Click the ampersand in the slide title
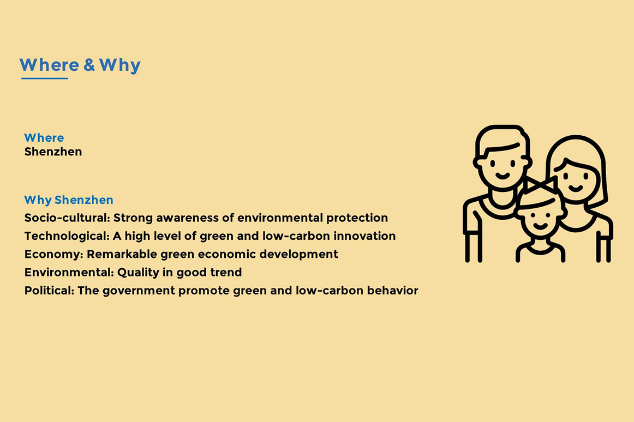point(89,65)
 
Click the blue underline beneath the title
point(45,78)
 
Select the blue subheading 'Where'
point(44,137)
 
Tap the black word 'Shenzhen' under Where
point(53,152)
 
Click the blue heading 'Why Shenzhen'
point(69,200)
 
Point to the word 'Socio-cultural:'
point(67,218)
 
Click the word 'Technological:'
point(67,236)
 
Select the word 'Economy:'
point(54,254)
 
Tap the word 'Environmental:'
point(69,272)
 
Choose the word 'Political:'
point(49,290)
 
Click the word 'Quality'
point(138,273)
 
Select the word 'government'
point(136,291)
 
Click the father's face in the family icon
point(502,164)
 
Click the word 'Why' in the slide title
point(119,65)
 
